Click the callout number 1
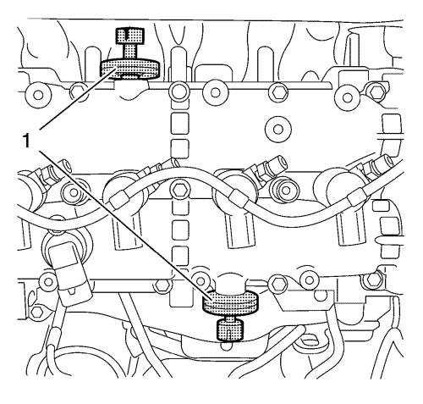coord(26,141)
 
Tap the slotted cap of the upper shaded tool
coord(130,36)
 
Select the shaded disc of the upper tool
coord(130,69)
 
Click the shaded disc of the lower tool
coord(231,302)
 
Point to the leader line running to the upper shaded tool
coord(78,99)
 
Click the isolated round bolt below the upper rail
coord(278,130)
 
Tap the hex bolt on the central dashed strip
coord(179,190)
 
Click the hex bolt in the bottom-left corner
coord(36,312)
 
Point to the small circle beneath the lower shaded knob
coord(226,346)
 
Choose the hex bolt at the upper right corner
coord(375,91)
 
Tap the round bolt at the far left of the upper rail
coord(37,94)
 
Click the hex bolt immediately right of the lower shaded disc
coord(277,283)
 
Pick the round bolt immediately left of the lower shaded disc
coord(200,281)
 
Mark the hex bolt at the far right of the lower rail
coord(371,280)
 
